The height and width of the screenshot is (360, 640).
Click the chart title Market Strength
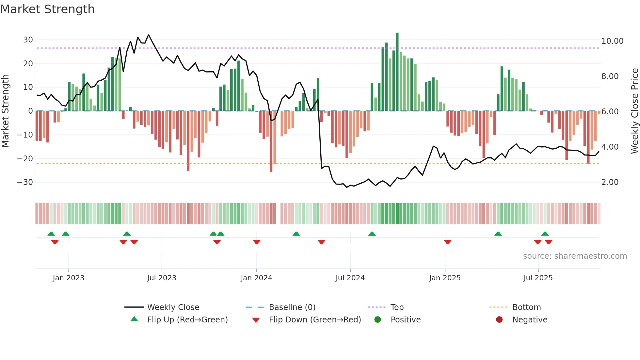47,9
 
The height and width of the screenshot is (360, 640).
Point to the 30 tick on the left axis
28,40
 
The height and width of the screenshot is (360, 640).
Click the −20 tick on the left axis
25,159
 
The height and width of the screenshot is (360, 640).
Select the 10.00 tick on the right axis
612,41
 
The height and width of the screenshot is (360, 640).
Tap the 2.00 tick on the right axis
610,182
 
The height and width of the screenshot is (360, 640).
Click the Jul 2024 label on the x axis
350,278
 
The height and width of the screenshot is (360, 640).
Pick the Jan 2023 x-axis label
68,278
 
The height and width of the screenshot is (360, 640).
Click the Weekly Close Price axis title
634,111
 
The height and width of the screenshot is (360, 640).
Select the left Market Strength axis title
5,111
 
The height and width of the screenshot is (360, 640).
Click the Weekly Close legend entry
173,307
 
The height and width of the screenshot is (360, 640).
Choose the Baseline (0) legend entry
292,307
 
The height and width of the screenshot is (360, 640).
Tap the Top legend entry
397,307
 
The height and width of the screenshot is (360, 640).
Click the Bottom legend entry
526,307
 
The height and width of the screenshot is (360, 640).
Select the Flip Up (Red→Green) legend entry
187,320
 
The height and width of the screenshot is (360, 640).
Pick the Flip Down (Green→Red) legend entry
315,320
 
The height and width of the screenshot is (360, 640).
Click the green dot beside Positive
377,320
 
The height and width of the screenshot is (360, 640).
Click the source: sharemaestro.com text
575,256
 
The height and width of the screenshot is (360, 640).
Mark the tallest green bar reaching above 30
397,72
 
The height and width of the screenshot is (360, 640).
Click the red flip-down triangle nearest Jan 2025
447,242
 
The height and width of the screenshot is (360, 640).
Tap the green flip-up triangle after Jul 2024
372,234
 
